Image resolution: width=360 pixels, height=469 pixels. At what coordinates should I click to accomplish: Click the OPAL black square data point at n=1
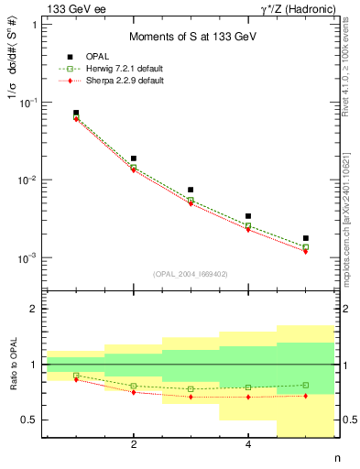(x=76, y=113)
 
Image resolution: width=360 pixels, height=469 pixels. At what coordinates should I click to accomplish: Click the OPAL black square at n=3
(x=191, y=190)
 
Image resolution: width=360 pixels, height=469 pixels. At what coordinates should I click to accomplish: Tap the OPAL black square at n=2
(x=134, y=158)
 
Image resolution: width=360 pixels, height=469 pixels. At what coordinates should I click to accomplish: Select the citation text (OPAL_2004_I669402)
(x=191, y=273)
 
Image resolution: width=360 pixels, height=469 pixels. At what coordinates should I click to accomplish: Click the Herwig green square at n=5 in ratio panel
(x=306, y=385)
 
